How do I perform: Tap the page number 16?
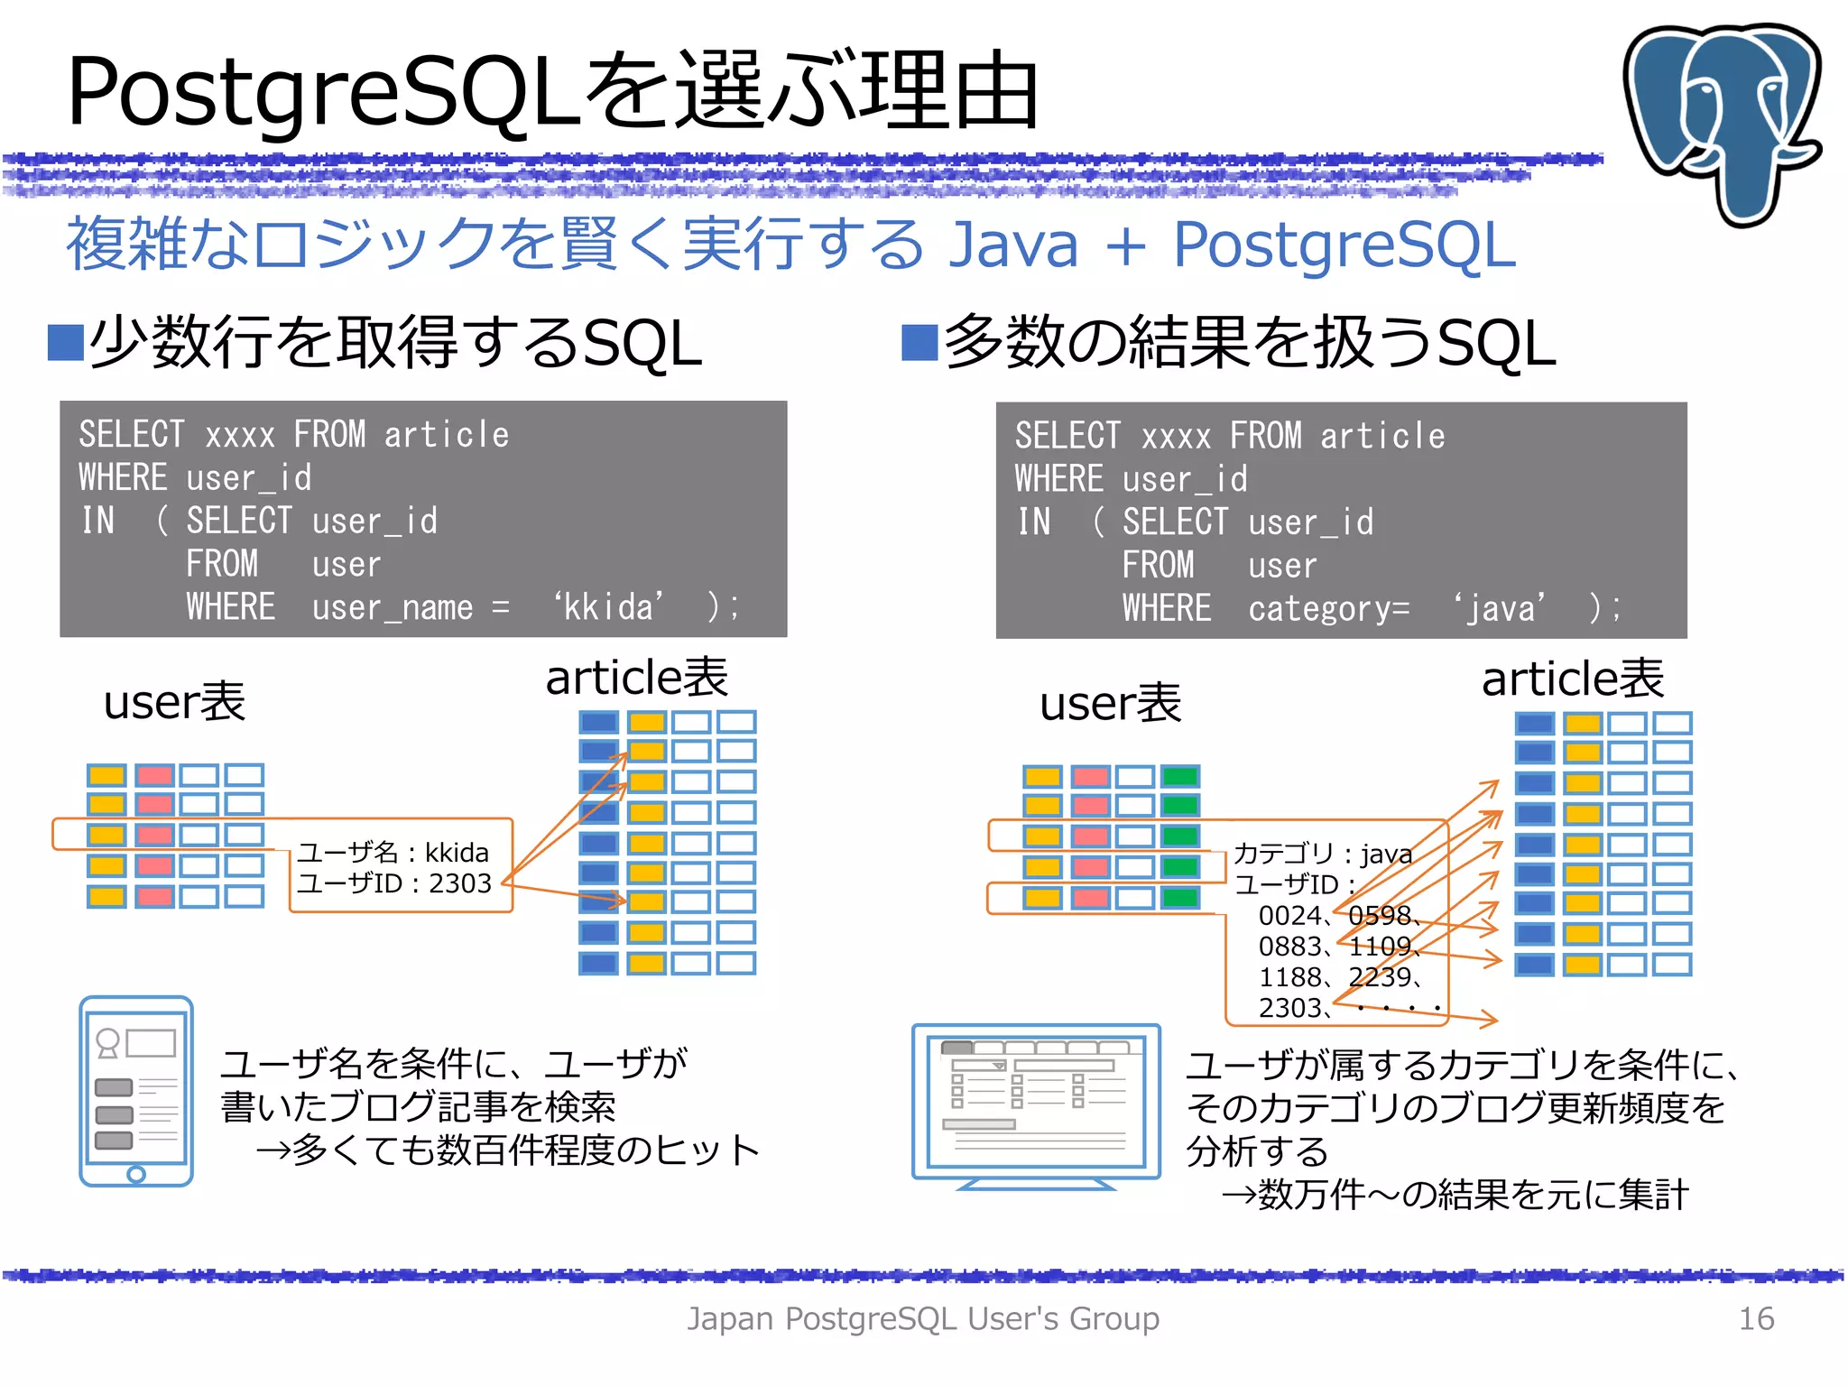pos(1755,1318)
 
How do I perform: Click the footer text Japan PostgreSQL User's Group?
pos(923,1318)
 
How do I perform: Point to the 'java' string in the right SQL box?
pos(1500,608)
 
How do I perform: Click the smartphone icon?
pos(136,1090)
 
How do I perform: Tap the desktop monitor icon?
pos(1036,1104)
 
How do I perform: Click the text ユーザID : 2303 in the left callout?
pos(394,882)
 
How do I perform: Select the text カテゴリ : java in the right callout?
pos(1322,853)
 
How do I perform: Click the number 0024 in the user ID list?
pos(1289,915)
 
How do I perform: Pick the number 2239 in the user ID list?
pos(1380,976)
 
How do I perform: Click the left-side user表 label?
pos(174,702)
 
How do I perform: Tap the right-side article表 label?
pos(1572,679)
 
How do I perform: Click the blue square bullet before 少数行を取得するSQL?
pos(66,343)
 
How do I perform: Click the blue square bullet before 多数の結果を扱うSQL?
pos(919,343)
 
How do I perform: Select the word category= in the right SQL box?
pos(1327,609)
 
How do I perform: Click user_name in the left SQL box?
pos(392,607)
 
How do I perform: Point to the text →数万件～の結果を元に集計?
pos(1453,1194)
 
